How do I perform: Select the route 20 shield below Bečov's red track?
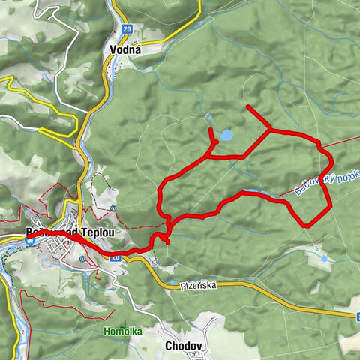click(115, 256)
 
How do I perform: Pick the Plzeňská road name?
click(198, 286)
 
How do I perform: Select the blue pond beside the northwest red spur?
click(225, 136)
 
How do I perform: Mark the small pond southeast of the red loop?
click(324, 258)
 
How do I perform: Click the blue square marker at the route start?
click(30, 240)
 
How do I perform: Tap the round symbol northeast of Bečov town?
click(112, 208)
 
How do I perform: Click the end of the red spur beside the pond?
click(211, 130)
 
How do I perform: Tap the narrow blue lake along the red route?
click(256, 193)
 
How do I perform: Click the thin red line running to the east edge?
click(341, 142)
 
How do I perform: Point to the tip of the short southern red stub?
click(167, 243)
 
